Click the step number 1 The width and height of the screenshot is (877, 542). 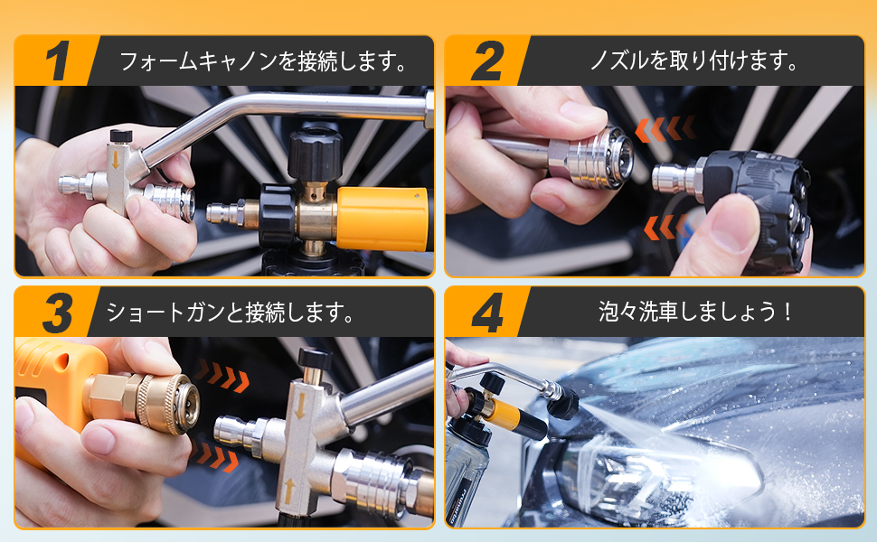56,61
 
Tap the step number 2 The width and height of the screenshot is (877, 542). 487,61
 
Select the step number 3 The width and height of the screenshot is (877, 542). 56,313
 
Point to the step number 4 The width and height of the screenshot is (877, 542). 487,313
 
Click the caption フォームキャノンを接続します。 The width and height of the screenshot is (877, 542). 262,61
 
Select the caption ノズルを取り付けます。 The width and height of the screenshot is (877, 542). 693,61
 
